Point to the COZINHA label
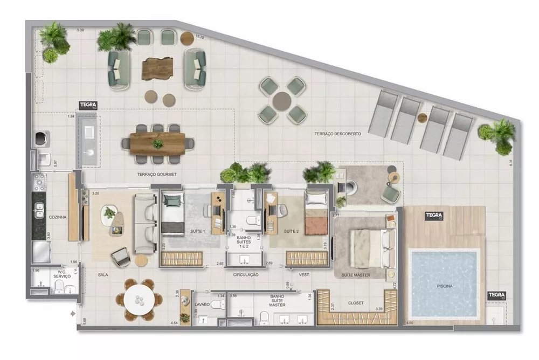click(x=57, y=217)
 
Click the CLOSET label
click(x=355, y=303)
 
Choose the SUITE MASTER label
click(x=356, y=275)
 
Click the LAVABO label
click(x=202, y=304)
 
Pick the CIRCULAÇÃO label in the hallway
click(x=246, y=274)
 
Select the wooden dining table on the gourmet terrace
click(x=157, y=144)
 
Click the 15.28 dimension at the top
click(x=199, y=37)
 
